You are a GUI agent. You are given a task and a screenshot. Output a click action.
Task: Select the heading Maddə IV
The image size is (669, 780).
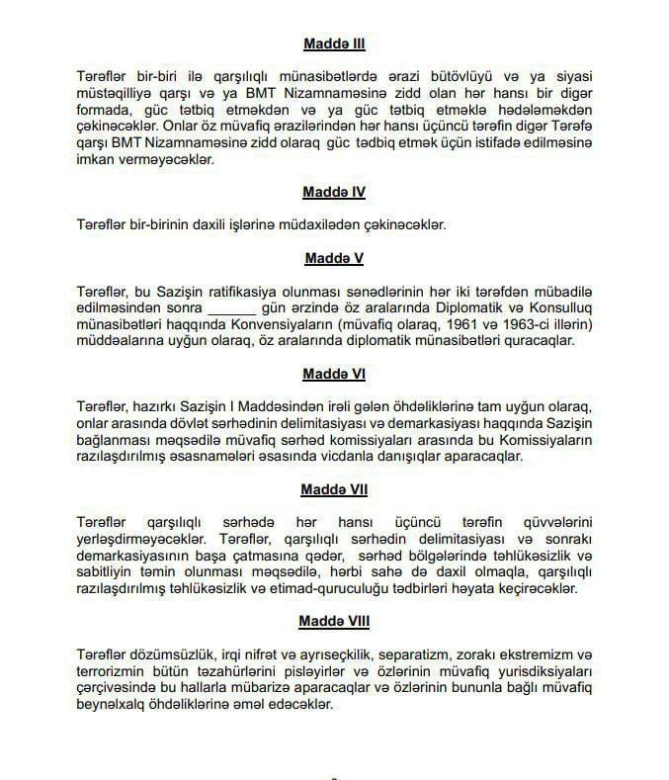click(335, 192)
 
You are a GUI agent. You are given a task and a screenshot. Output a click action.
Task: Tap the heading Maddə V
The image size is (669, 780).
click(335, 258)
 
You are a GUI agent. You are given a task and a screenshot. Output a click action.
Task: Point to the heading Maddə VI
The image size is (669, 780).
click(335, 374)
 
